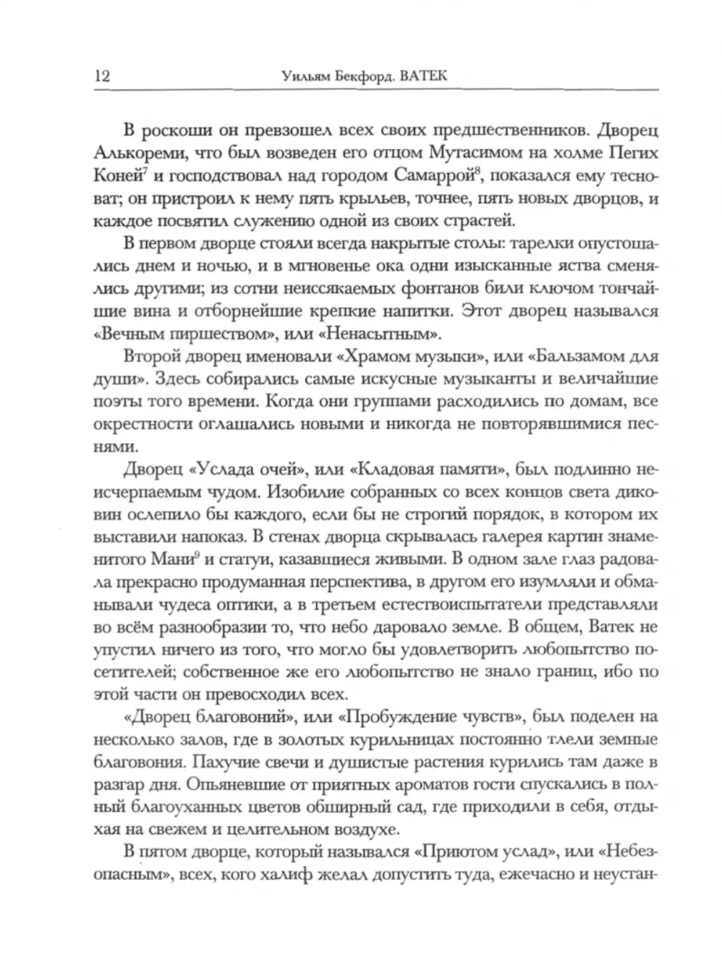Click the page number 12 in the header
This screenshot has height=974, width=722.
tap(101, 76)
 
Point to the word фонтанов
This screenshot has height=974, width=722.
tap(440, 289)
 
